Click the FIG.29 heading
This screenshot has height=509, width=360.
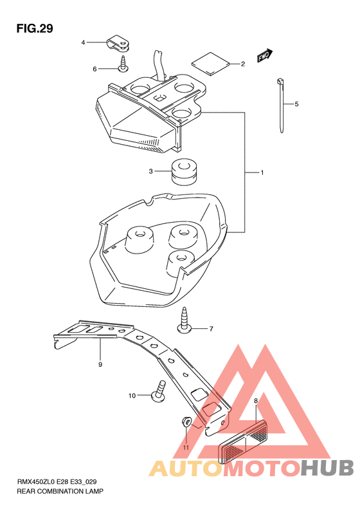pos(35,28)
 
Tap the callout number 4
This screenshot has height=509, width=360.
pos(83,42)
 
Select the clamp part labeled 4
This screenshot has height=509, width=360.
pos(118,44)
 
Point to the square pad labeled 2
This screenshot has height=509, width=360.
pos(210,63)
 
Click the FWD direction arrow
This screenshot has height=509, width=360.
pos(265,55)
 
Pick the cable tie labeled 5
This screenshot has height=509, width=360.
pos(281,106)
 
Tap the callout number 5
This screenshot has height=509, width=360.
pos(296,104)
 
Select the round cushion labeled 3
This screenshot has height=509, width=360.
pos(184,172)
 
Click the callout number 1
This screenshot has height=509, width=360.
pos(262,172)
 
